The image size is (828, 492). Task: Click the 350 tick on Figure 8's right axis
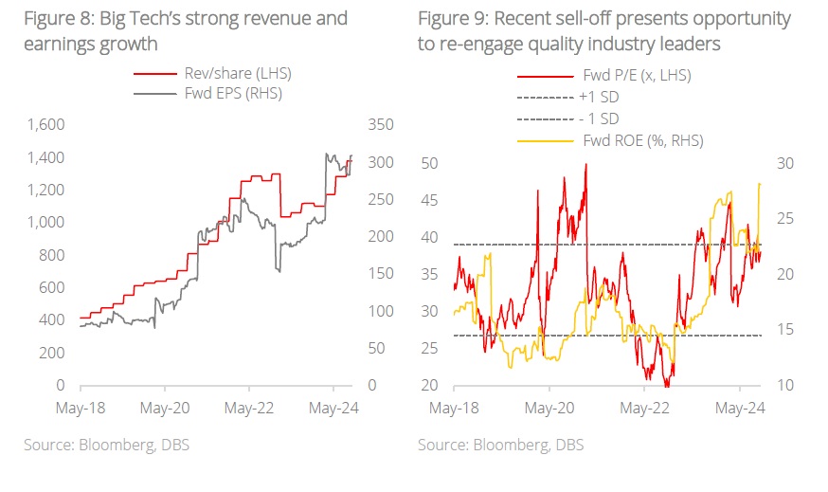pyautogui.click(x=379, y=124)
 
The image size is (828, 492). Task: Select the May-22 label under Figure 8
pyautogui.click(x=249, y=409)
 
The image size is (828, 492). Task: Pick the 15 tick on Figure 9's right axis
pyautogui.click(x=786, y=330)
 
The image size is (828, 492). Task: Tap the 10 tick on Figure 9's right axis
pyautogui.click(x=786, y=386)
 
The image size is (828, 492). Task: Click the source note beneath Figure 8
pyautogui.click(x=107, y=445)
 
